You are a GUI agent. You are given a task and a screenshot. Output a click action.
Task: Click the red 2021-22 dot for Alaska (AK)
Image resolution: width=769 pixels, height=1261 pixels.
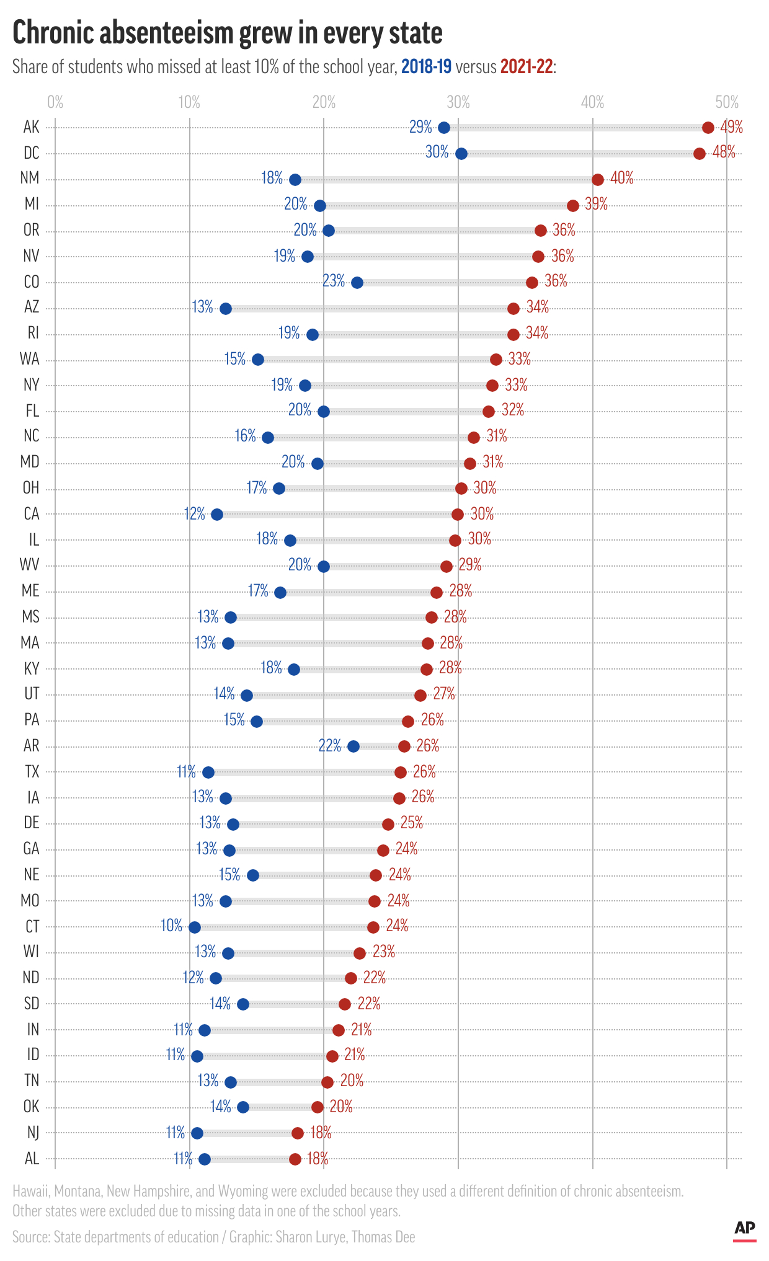coord(708,128)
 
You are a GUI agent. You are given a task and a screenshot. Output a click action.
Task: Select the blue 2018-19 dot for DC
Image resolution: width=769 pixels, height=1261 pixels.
coord(461,154)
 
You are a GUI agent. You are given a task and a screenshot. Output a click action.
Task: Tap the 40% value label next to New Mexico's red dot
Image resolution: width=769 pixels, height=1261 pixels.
coord(621,179)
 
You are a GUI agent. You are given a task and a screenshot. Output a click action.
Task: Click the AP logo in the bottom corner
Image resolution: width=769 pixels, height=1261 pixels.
coord(744,1229)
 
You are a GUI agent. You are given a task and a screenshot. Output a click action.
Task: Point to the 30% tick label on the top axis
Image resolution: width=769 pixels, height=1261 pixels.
coord(458,102)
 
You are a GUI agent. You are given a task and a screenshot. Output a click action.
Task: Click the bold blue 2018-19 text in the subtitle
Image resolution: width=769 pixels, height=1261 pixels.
coord(426,67)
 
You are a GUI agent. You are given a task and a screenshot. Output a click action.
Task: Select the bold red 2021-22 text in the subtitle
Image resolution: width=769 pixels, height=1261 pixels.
coord(527,67)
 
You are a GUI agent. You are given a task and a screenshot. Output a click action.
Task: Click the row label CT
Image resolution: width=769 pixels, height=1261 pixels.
coord(32,927)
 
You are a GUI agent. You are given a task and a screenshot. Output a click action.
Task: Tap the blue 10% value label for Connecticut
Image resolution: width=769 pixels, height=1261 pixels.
coord(172,926)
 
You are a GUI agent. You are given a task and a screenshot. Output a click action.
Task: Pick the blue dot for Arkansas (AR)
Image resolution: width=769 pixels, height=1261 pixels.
coord(353,746)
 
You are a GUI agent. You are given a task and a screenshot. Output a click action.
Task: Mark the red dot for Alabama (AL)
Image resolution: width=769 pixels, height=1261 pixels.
coord(295,1159)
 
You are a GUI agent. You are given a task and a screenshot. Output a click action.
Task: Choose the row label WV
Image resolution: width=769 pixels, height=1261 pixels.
coord(30,565)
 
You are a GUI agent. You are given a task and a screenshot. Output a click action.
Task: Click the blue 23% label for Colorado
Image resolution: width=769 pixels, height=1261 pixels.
coord(334,281)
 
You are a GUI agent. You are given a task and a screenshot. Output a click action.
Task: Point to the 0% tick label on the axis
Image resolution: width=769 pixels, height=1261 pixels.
coord(55,102)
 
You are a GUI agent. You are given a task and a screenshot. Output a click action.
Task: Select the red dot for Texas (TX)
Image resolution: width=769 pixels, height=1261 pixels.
coord(401,772)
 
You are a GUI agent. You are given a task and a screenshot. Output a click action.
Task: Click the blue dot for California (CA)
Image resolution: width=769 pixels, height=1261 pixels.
coord(217,515)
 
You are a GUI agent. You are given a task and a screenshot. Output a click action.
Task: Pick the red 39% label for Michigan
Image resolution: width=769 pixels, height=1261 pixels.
coord(596,205)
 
